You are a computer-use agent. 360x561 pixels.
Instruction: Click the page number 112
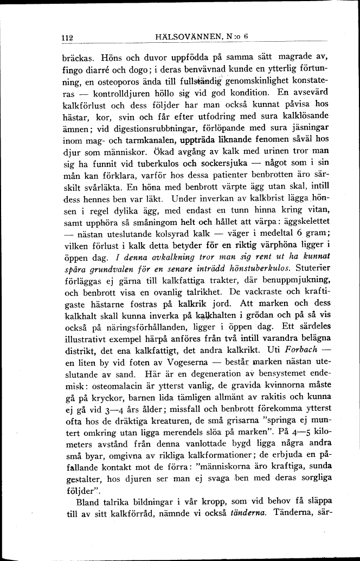pyautogui.click(x=67, y=38)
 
